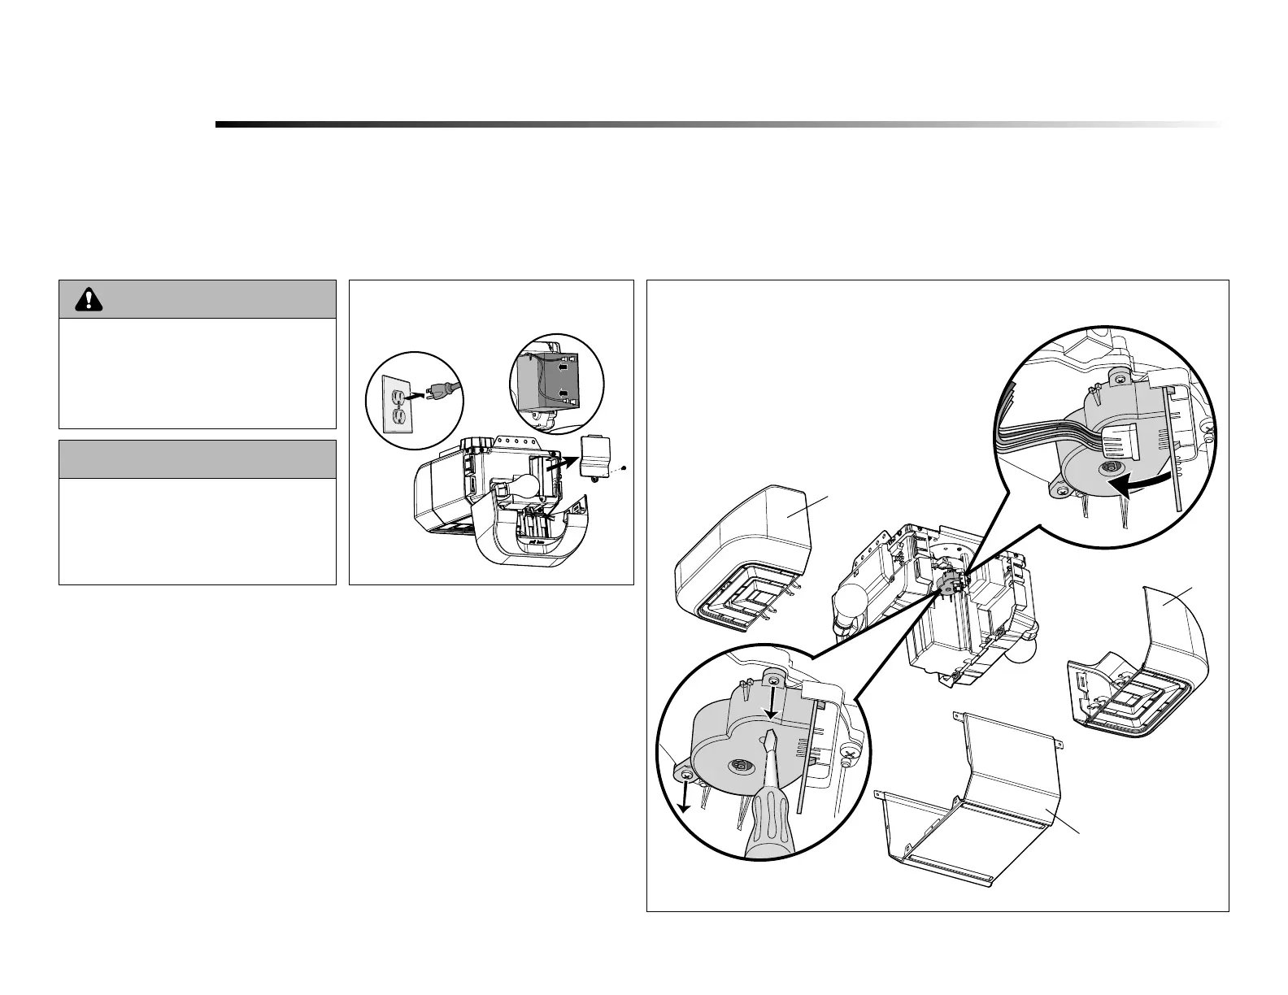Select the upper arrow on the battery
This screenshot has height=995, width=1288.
(561, 367)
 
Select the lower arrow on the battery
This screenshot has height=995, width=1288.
(561, 394)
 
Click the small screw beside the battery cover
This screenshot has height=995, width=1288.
(622, 468)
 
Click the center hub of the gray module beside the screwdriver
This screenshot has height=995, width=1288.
(740, 764)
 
